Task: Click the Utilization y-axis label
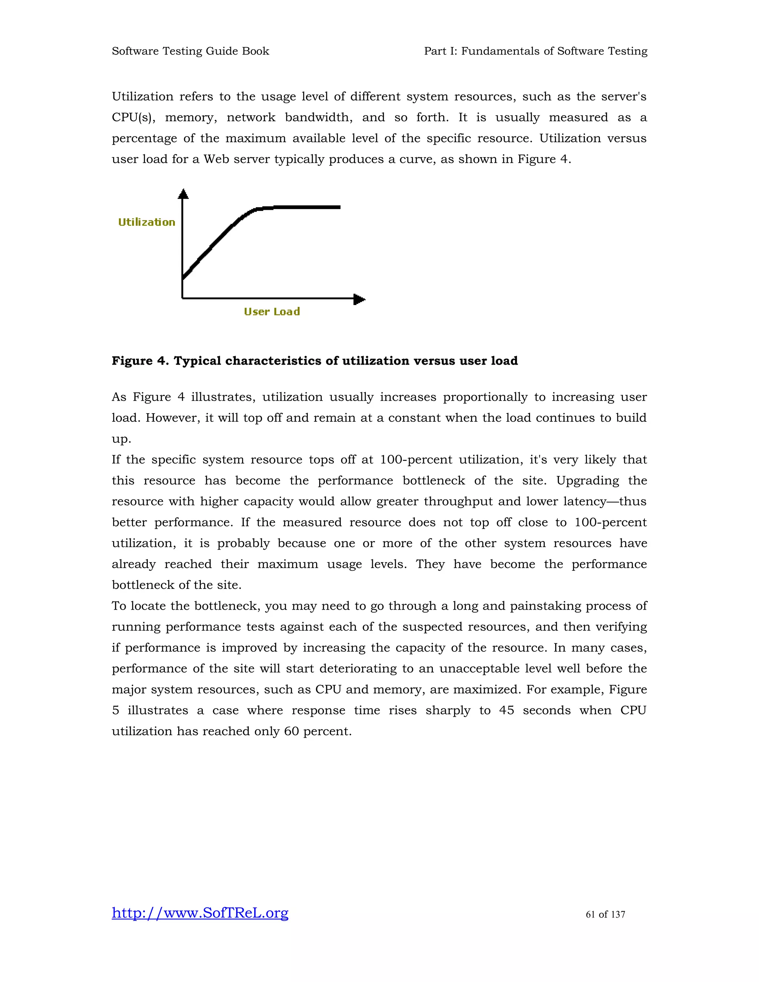[x=147, y=222]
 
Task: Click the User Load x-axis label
[x=272, y=312]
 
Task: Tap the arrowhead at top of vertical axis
[x=183, y=194]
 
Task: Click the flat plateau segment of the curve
[x=306, y=207]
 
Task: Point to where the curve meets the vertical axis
[x=183, y=278]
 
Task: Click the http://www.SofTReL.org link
[x=200, y=913]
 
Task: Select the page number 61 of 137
[x=605, y=915]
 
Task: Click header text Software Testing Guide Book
[x=190, y=51]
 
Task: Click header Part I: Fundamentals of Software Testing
[x=536, y=51]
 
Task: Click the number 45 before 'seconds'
[x=506, y=710]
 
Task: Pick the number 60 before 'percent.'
[x=291, y=731]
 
